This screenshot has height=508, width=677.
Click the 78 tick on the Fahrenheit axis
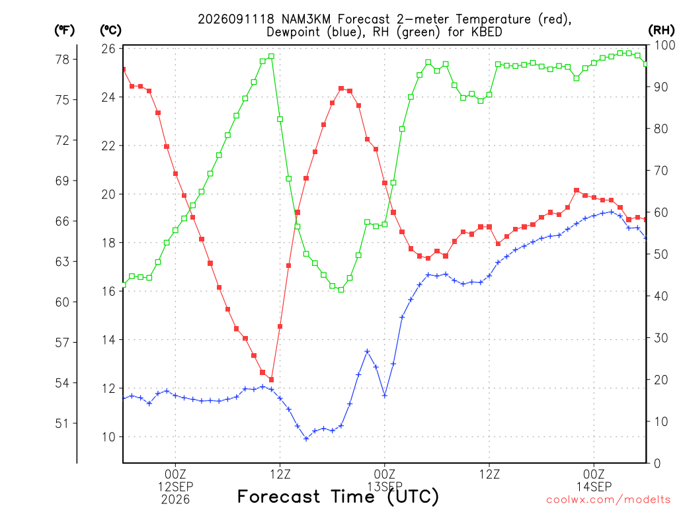pos(62,60)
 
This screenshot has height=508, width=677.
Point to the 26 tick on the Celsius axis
pos(109,49)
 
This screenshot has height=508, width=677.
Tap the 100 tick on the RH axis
pos(664,46)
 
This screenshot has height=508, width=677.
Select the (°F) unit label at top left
pos(64,30)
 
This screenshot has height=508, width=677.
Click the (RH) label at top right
pos(661,30)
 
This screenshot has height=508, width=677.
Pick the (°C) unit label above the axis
pos(110,30)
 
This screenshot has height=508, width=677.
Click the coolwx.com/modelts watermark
pos(608,500)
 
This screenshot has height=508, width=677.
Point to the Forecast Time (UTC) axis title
pos(338,496)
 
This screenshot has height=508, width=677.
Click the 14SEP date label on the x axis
pos(594,487)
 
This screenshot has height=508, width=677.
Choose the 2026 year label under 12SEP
pos(175,499)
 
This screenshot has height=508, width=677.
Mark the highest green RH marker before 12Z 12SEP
pos(271,56)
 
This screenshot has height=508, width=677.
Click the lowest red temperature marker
pos(271,380)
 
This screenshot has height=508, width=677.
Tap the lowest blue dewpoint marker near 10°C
pos(306,439)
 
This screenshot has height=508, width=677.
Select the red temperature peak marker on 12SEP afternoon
pos(341,89)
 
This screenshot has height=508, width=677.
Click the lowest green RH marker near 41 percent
pos(341,290)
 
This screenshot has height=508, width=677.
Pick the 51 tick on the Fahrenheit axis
pos(62,424)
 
